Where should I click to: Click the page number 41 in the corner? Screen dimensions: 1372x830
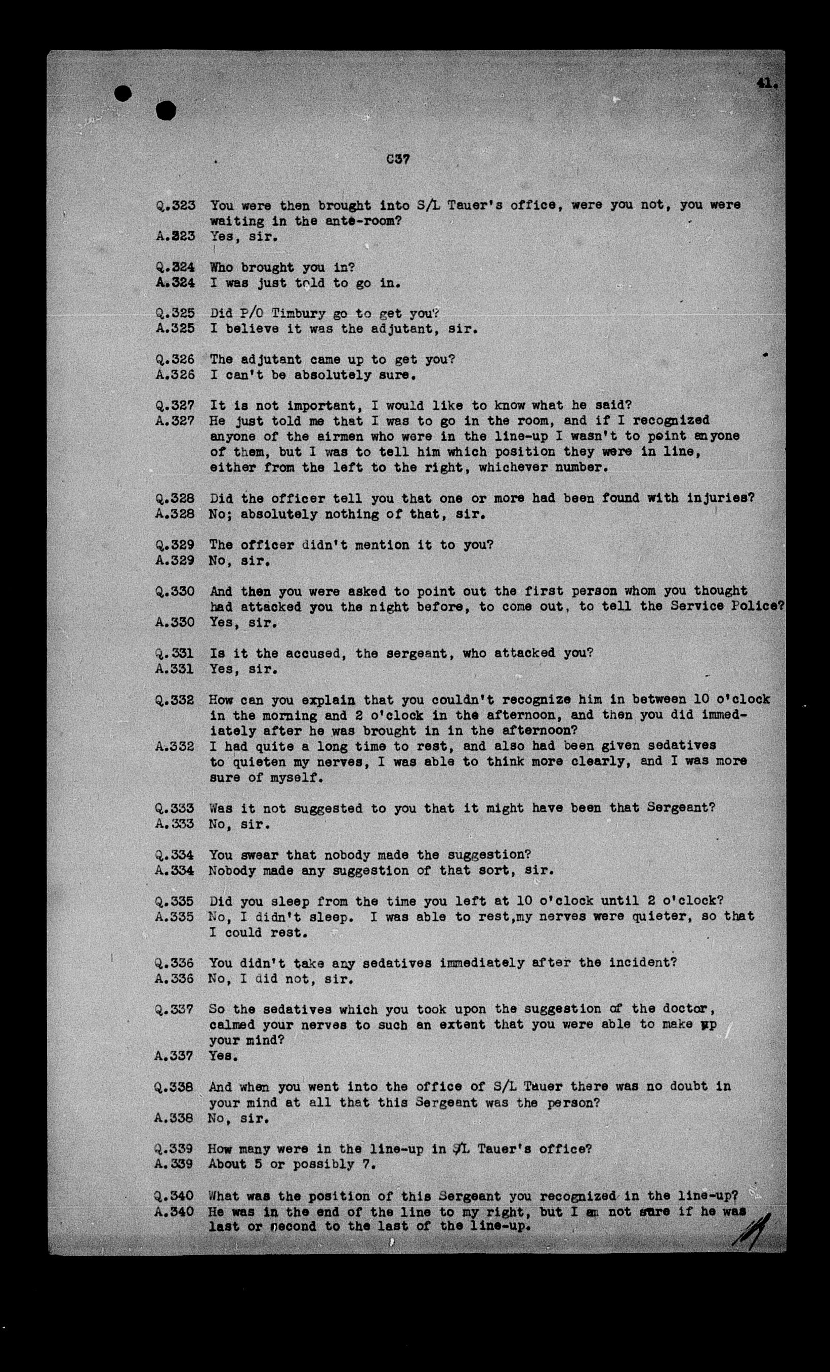tap(767, 83)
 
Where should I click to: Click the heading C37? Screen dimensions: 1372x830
tap(398, 159)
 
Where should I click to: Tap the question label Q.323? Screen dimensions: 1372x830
tap(175, 205)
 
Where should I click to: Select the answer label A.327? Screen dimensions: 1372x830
tap(175, 421)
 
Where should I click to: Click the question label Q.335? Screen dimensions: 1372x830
tap(175, 901)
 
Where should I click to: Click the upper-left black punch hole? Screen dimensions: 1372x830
tap(122, 93)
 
